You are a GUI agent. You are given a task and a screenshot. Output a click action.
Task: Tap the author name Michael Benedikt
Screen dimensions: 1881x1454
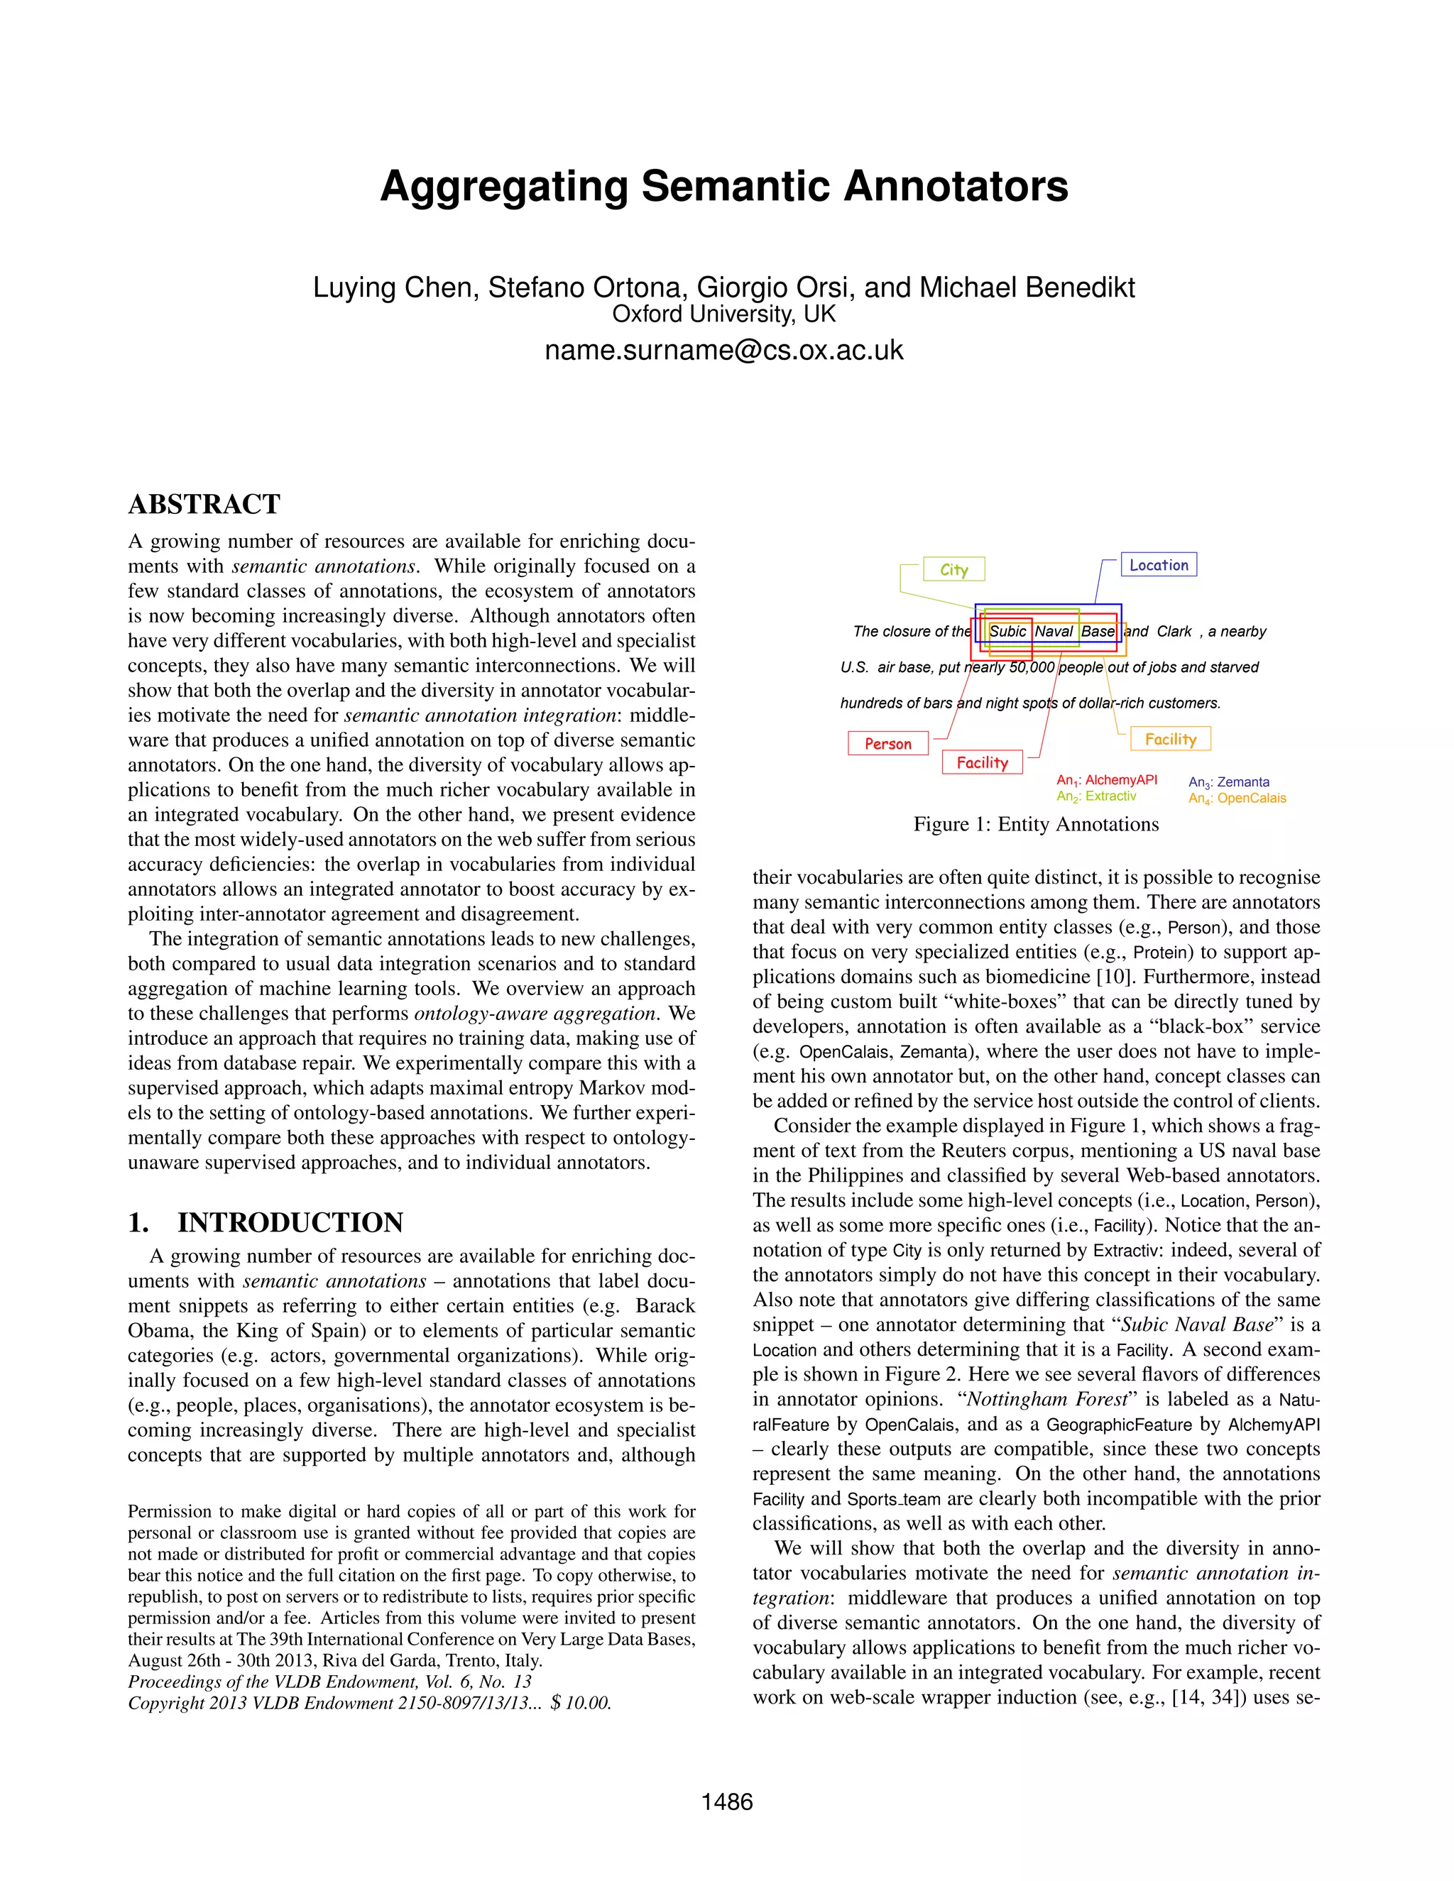(x=1027, y=287)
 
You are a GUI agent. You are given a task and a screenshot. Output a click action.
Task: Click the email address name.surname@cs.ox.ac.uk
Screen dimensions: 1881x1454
(x=723, y=351)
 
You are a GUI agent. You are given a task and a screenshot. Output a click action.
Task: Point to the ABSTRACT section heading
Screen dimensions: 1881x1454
(x=204, y=505)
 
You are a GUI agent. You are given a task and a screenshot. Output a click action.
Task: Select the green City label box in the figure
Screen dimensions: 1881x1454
(x=953, y=569)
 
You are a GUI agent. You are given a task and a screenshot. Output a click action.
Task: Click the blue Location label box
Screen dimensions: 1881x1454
(x=1159, y=565)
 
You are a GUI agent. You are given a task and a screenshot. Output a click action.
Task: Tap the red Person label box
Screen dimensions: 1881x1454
(x=888, y=743)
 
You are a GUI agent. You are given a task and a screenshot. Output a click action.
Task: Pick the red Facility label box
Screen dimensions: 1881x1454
(x=982, y=762)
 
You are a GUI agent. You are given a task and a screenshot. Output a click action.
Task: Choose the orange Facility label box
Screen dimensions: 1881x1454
(x=1171, y=739)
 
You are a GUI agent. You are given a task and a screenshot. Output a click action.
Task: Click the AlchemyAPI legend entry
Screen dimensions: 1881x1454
(x=1107, y=780)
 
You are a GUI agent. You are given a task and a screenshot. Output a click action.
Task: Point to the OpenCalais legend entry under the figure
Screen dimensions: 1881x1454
(x=1237, y=799)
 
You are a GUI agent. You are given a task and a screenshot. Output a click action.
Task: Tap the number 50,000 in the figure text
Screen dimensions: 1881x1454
(x=1031, y=667)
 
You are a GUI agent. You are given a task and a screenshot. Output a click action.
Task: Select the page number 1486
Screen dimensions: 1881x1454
(x=727, y=1802)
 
